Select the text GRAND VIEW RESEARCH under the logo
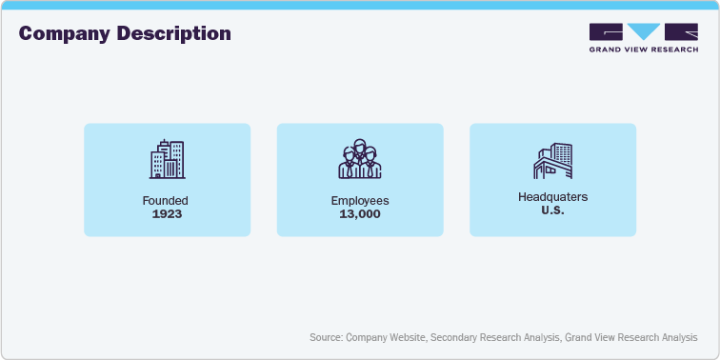(x=643, y=50)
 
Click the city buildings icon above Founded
(x=167, y=160)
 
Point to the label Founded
(x=166, y=200)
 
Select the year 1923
(x=166, y=213)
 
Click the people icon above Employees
(x=360, y=160)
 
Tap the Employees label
(x=360, y=200)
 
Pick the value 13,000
(x=360, y=213)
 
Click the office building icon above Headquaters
(x=552, y=160)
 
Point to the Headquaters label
(x=552, y=196)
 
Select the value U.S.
(x=552, y=210)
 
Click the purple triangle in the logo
(x=643, y=31)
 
